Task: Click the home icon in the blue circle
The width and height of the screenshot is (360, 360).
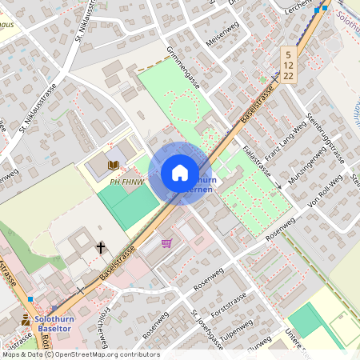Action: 180,173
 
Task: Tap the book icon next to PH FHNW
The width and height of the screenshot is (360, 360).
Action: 114,165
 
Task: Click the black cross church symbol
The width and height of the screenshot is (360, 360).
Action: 101,248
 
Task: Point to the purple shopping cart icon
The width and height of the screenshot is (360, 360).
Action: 166,243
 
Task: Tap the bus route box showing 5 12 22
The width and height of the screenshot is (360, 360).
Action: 289,64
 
